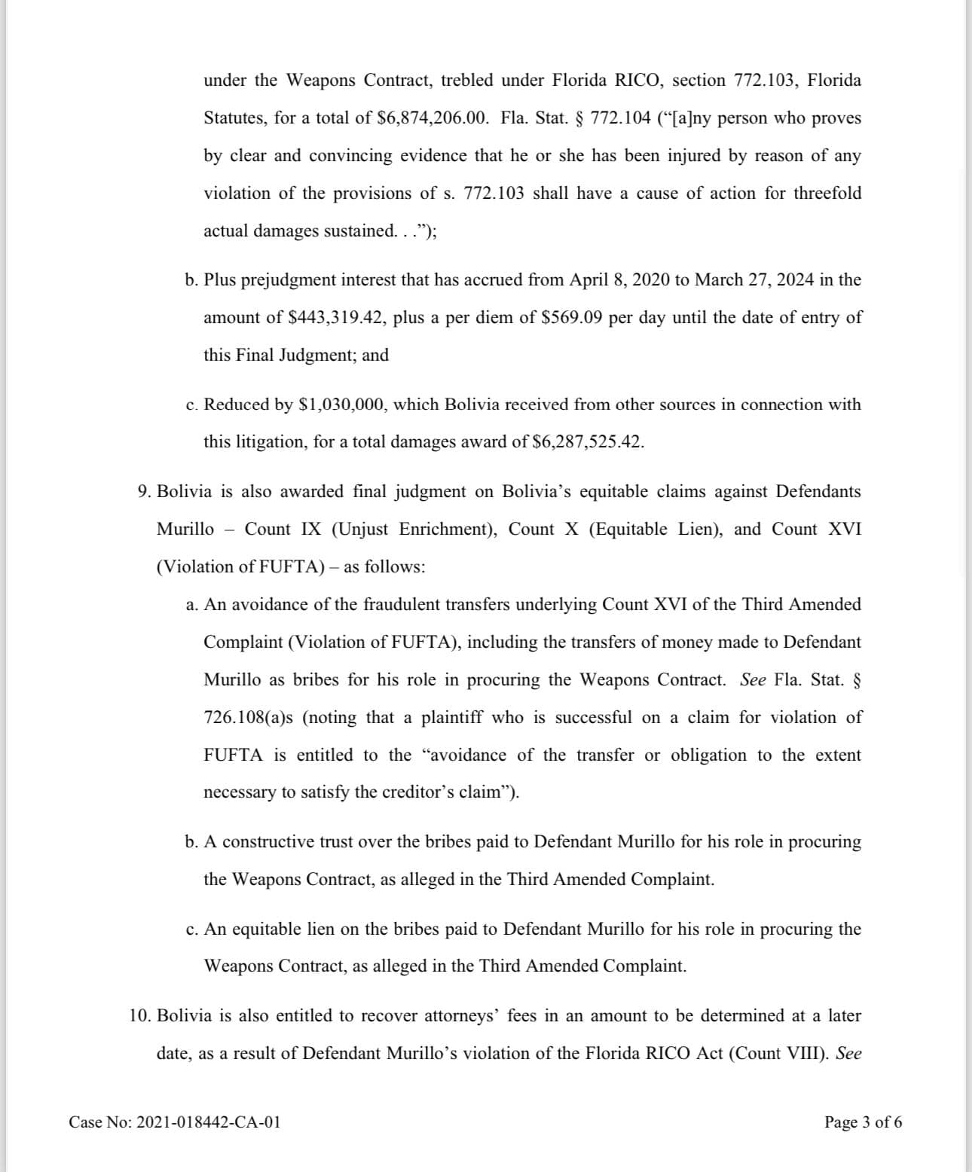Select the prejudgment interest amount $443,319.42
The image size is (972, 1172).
pyautogui.click(x=337, y=318)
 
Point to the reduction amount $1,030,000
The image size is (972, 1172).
pyautogui.click(x=343, y=404)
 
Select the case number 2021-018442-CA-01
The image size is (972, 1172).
pyautogui.click(x=209, y=1122)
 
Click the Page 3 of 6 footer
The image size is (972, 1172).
pyautogui.click(x=863, y=1122)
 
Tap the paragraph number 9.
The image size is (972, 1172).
pyautogui.click(x=145, y=492)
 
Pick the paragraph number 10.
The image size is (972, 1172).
pyautogui.click(x=140, y=1016)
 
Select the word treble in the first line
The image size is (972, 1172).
pyautogui.click(x=467, y=81)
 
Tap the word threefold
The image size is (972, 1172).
pyautogui.click(x=827, y=194)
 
